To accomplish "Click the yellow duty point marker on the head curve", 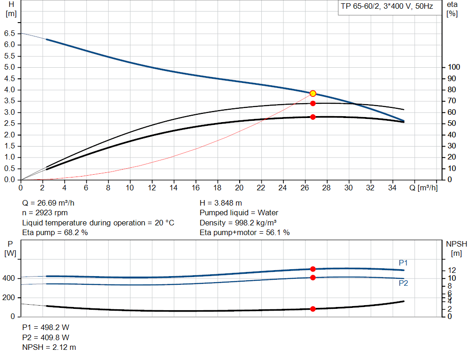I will (313, 94).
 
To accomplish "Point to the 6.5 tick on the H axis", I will (9, 34).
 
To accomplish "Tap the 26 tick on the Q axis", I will (305, 188).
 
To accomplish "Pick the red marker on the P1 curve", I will (313, 269).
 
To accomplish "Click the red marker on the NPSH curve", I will (313, 309).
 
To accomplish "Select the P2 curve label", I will (403, 283).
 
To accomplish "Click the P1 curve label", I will (403, 263).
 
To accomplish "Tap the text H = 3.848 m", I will (221, 203).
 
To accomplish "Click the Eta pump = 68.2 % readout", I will (55, 232).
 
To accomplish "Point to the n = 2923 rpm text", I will (45, 213).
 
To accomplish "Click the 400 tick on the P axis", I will (9, 278).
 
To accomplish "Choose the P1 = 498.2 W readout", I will (46, 327).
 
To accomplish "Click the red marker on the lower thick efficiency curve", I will (313, 117).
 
